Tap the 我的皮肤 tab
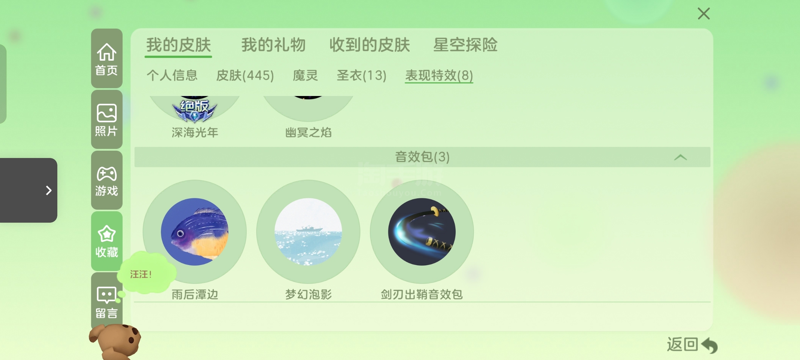179,45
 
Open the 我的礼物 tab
273,45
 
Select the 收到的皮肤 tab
370,45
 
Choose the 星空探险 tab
465,45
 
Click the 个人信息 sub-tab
172,75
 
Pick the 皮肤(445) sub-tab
245,75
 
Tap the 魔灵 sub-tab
305,75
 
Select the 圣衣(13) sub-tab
362,75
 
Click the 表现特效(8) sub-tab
439,75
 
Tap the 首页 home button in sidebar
107,58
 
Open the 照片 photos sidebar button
107,119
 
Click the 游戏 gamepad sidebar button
107,180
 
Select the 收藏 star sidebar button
107,241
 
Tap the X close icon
704,14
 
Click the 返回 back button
692,345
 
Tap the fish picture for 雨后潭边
195,232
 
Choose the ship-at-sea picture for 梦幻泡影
308,232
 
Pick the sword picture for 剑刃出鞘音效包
422,232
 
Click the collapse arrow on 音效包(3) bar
680,157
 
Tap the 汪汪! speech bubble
147,273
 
